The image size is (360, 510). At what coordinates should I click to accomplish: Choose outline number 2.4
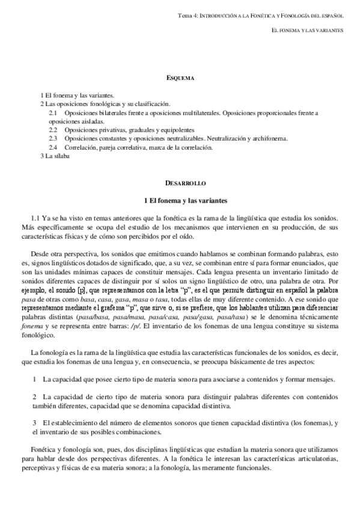(x=52, y=147)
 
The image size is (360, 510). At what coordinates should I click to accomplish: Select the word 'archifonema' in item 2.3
(x=271, y=138)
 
